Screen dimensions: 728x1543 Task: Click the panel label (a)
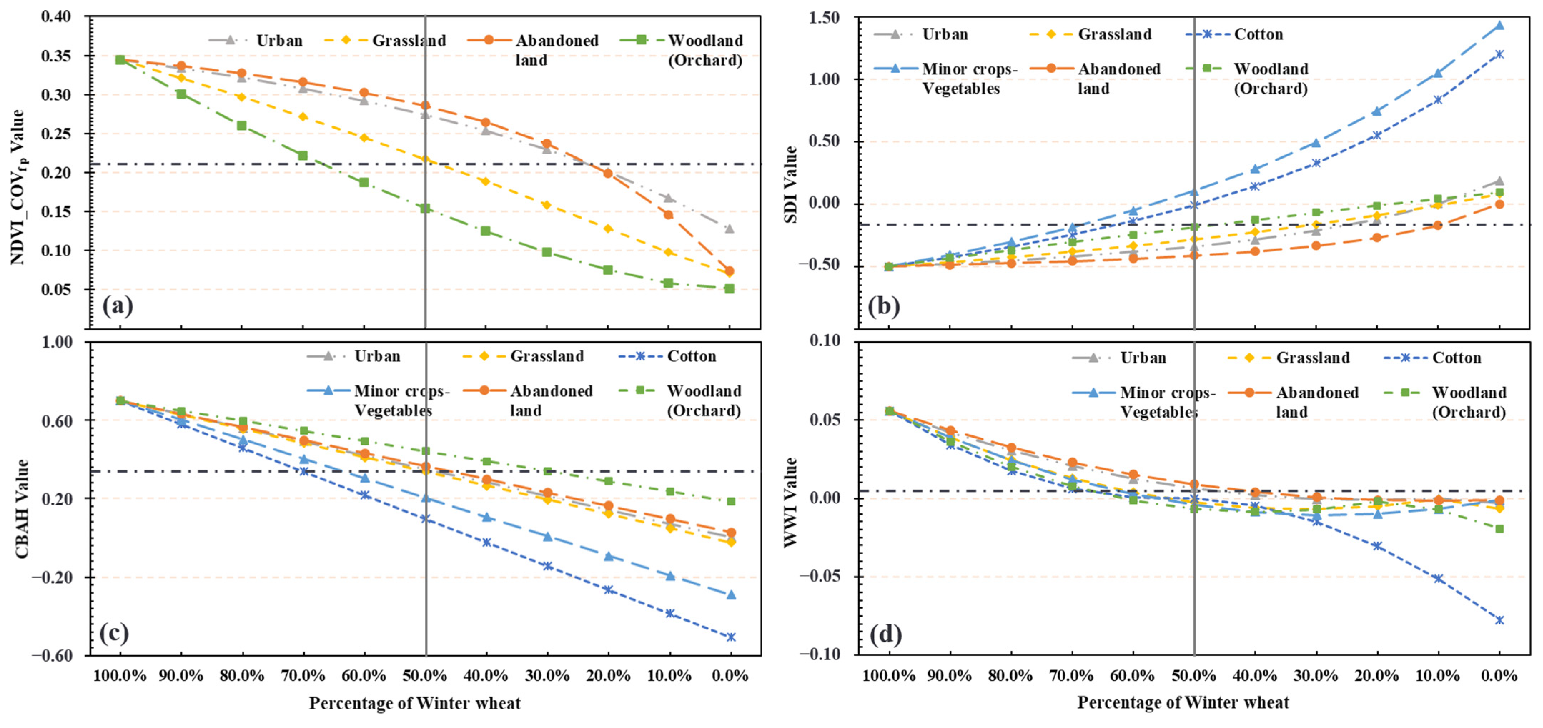pyautogui.click(x=117, y=306)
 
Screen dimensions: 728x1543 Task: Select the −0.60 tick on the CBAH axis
pyautogui.click(x=52, y=655)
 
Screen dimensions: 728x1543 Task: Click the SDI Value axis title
pyautogui.click(x=791, y=184)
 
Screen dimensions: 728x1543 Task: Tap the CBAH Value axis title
pyautogui.click(x=22, y=509)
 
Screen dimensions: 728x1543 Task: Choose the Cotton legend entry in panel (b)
pyautogui.click(x=1258, y=34)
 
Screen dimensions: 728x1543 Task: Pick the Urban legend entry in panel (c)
pyautogui.click(x=377, y=356)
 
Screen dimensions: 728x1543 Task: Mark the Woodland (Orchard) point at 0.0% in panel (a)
pyautogui.click(x=730, y=289)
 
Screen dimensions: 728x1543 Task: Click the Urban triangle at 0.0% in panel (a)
pyautogui.click(x=730, y=229)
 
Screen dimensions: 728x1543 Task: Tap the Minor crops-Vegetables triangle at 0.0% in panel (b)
pyautogui.click(x=1499, y=25)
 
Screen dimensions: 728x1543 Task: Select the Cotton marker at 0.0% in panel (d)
pyautogui.click(x=1499, y=620)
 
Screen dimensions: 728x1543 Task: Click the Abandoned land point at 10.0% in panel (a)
pyautogui.click(x=668, y=214)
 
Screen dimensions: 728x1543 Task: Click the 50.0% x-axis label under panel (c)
pyautogui.click(x=425, y=676)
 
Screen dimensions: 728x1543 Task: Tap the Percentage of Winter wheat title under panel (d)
pyautogui.click(x=1183, y=702)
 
